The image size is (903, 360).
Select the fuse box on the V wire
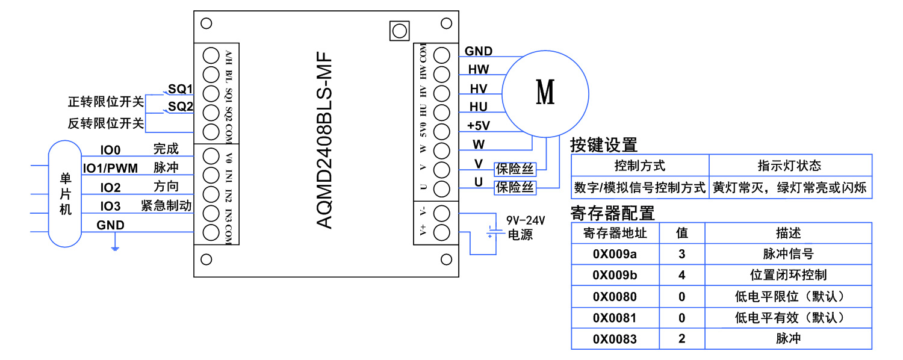coord(515,169)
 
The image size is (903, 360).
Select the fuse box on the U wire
coord(515,187)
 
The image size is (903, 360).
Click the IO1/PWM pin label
coord(110,168)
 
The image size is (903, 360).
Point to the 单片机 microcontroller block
coord(65,194)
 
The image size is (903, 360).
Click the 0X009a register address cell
coord(615,254)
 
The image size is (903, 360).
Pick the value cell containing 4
coord(681,275)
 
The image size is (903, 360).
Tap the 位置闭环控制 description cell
coord(788,275)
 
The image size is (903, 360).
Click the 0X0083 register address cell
coord(615,339)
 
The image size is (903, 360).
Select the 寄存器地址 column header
coord(615,233)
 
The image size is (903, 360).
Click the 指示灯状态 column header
coord(789,166)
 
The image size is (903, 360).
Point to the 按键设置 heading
coord(603,145)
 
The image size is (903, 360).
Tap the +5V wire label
coord(479,126)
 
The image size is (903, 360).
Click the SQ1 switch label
coord(180,89)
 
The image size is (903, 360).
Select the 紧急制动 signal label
coord(166,205)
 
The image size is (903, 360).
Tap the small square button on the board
coord(399,30)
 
